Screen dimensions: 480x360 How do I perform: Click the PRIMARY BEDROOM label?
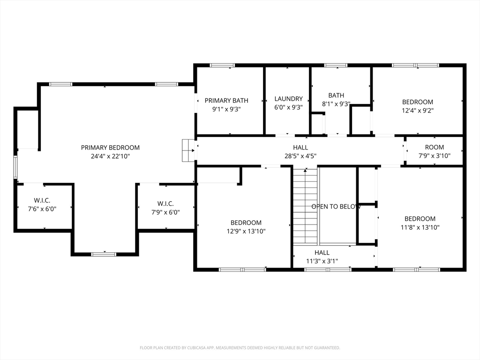pos(110,148)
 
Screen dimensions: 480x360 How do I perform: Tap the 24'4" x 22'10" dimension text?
pos(110,156)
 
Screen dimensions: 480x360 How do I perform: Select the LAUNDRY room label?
pos(288,99)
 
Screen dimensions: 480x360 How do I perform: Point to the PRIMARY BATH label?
pos(226,100)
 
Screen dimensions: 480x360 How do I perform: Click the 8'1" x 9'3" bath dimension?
pos(336,104)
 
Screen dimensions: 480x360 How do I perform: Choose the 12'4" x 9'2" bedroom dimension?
pos(418,111)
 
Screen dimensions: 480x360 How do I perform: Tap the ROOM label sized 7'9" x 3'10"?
pos(435,147)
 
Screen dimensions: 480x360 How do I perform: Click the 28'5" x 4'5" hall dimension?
pos(300,156)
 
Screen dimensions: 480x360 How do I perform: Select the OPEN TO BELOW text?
pos(336,207)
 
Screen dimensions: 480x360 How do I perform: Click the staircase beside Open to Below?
pos(305,206)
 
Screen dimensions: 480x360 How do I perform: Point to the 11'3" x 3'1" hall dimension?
pos(322,261)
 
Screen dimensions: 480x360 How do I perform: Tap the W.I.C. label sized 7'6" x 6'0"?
pos(42,201)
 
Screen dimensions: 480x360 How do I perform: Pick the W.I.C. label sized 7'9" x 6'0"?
pos(165,203)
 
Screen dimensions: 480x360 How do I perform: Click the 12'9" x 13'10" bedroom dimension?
pos(246,232)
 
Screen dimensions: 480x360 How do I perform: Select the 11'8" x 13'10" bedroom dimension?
pos(420,227)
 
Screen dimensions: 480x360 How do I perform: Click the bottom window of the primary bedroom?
pos(104,254)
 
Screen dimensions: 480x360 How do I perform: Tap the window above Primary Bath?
pos(222,65)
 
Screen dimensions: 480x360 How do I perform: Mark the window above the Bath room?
pos(336,65)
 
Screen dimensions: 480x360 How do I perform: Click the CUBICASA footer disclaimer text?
pos(240,348)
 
